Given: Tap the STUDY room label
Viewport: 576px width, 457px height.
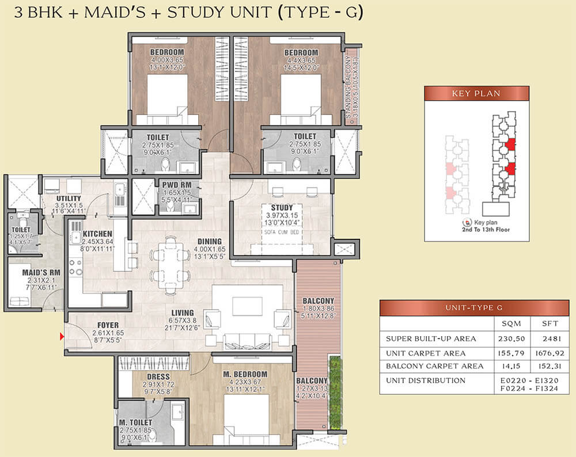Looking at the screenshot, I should coord(282,207).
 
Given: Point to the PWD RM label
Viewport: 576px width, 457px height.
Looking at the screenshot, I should coord(173,185).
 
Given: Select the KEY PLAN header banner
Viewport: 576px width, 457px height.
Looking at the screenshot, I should coord(476,93).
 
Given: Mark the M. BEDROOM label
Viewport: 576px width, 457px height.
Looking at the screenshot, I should coord(244,374).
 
